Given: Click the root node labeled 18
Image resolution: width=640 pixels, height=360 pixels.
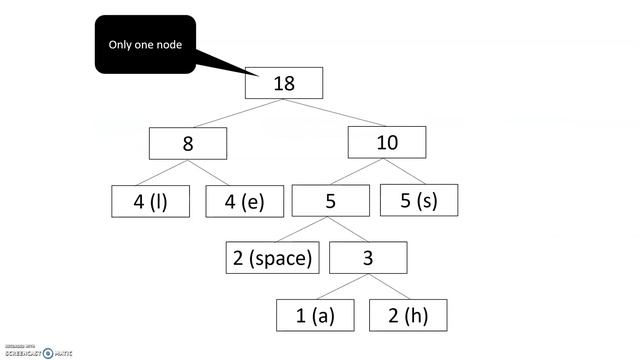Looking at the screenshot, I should click(284, 83).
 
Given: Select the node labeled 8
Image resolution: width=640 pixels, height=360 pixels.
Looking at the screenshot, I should click(188, 143).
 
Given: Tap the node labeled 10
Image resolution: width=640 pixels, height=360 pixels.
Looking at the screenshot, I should click(387, 143).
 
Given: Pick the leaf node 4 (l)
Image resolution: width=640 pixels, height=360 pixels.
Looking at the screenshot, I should click(150, 201).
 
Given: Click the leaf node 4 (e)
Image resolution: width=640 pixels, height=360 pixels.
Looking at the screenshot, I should click(245, 201).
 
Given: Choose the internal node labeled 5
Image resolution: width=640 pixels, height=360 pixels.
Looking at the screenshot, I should click(331, 201).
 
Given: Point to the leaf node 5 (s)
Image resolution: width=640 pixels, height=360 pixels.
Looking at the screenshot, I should click(419, 200).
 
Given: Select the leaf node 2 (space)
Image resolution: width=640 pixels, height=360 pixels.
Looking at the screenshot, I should click(273, 258).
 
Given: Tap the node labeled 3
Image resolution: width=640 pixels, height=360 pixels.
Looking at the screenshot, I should click(368, 258).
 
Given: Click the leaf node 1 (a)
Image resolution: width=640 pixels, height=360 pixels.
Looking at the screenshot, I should click(316, 316).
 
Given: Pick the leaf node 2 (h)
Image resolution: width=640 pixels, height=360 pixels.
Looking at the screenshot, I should click(408, 316).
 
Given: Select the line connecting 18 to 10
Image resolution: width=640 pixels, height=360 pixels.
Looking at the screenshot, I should click(337, 113).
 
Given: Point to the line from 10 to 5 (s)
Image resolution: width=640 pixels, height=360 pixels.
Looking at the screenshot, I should click(406, 172).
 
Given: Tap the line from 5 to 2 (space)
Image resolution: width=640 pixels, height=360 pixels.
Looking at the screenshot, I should click(297, 230).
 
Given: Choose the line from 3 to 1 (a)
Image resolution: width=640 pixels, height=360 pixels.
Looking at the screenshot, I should click(338, 287).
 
